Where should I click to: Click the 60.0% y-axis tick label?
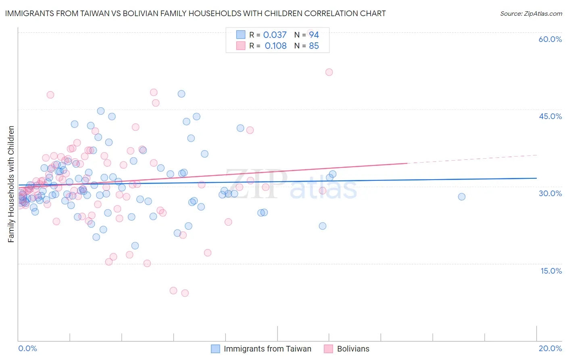(550, 39)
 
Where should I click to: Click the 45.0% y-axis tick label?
(550, 116)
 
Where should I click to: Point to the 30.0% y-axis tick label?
(550, 193)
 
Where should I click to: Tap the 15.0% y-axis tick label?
(551, 271)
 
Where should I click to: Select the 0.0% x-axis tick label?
(27, 348)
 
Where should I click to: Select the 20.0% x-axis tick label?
(550, 348)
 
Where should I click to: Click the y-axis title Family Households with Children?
(11, 184)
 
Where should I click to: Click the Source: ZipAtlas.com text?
(531, 14)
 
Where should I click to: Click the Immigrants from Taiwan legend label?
(267, 349)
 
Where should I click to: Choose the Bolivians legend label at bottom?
(353, 349)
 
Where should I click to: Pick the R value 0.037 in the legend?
(275, 35)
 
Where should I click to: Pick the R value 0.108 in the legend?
(275, 46)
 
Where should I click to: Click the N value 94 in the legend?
(314, 35)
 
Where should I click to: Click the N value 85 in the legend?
(314, 46)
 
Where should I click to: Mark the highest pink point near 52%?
(329, 72)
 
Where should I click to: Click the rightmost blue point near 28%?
(462, 197)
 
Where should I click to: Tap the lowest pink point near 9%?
(185, 293)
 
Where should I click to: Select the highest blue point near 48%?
(181, 94)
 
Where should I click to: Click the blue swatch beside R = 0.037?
(241, 35)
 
